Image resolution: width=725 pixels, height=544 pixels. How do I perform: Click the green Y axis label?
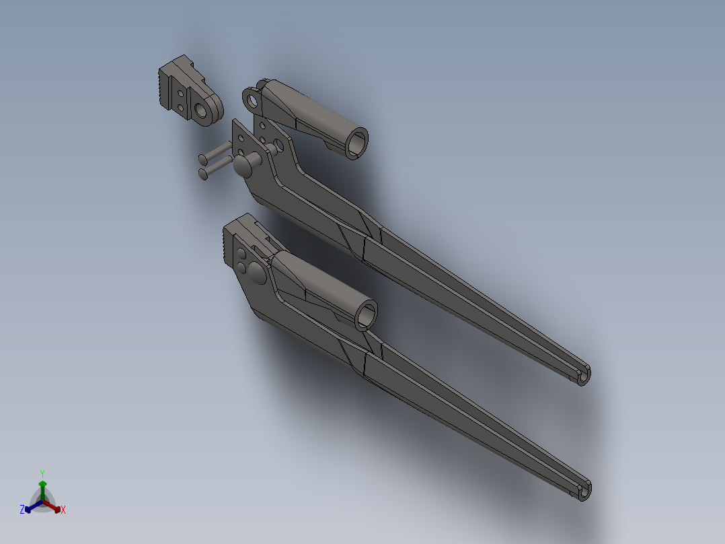coord(42,473)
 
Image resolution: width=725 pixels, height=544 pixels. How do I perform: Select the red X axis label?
coord(63,510)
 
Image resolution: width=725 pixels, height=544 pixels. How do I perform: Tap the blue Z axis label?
coord(22,510)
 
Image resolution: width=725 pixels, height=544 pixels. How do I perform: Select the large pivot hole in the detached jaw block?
coord(202,110)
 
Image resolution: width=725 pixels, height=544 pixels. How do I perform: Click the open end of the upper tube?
coord(357,143)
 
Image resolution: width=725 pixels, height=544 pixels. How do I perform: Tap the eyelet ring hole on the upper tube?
coord(253,101)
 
